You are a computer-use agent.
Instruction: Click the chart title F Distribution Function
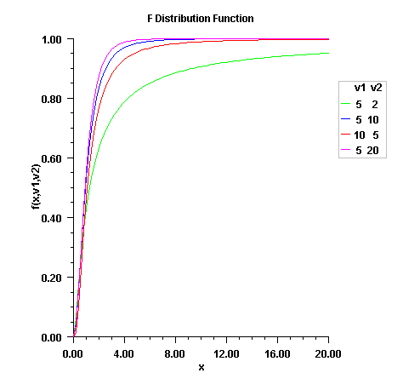pyautogui.click(x=201, y=18)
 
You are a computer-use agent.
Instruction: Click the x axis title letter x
pyautogui.click(x=201, y=367)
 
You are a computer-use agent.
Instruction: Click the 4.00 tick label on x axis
pyautogui.click(x=124, y=352)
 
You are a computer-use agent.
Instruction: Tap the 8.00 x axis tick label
pyautogui.click(x=175, y=352)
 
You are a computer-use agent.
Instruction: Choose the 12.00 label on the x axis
pyautogui.click(x=226, y=352)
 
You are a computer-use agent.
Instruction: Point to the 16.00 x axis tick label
pyautogui.click(x=277, y=352)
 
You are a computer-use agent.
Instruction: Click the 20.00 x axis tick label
pyautogui.click(x=328, y=352)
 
